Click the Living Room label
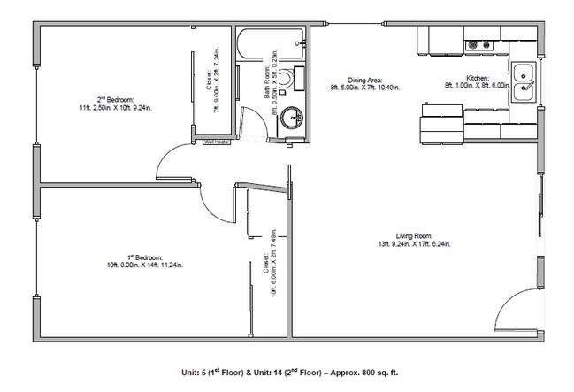point(415,236)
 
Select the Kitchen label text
point(467,79)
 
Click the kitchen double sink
point(524,81)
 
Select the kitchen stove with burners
point(480,43)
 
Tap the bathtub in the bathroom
point(271,41)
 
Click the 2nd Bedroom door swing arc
point(173,161)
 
